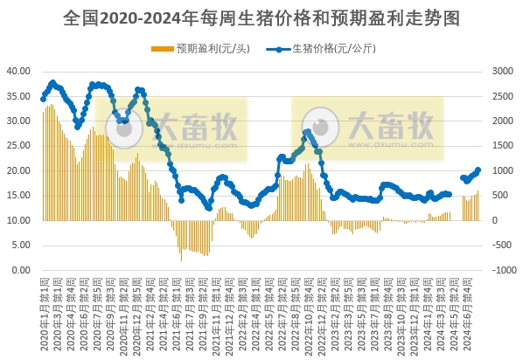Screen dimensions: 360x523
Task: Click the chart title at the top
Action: [x=261, y=17]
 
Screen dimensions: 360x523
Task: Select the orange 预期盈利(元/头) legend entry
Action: [x=200, y=48]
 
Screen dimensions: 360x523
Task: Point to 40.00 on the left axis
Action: [x=19, y=71]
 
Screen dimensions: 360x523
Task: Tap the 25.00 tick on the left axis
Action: [x=19, y=146]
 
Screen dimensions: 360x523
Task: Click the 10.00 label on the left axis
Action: [x=19, y=220]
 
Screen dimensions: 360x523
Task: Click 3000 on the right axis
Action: [x=505, y=71]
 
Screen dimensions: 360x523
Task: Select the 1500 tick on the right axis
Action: [x=505, y=146]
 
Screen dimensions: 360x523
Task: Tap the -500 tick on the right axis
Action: [x=505, y=246]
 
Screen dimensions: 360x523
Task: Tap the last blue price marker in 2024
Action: [x=478, y=170]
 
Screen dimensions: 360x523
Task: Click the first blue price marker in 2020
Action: [x=43, y=99]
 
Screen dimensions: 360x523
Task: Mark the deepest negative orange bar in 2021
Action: [x=181, y=260]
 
